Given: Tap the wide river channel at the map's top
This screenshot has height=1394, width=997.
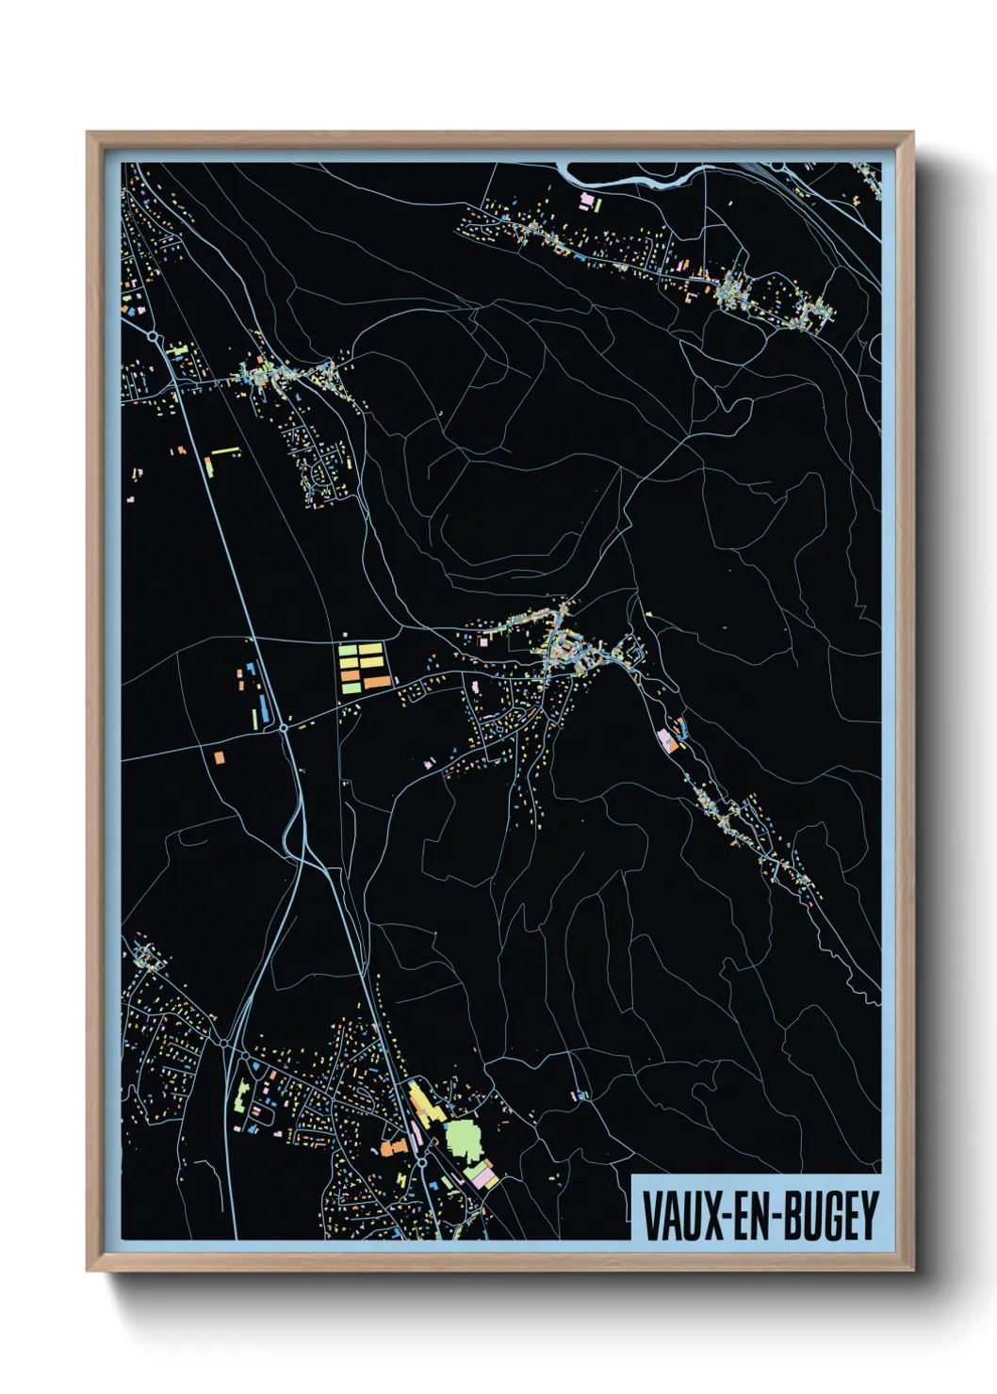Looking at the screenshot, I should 641,176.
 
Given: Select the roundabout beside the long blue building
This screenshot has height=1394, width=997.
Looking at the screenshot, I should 284,727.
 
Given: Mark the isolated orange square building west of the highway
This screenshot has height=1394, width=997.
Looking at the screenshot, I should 219,756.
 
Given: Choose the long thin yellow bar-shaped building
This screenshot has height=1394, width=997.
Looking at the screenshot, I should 225,451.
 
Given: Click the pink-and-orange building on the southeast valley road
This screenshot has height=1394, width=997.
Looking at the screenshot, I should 666,738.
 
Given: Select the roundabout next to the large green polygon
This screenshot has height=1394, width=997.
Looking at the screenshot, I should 422,1162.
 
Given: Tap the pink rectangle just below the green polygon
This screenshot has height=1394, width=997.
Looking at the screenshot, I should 482,1177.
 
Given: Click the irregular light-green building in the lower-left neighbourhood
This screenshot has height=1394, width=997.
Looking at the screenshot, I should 241,1096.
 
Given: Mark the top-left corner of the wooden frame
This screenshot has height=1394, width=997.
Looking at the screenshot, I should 89,134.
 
